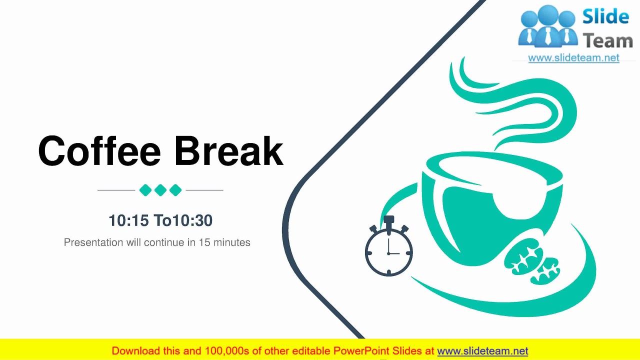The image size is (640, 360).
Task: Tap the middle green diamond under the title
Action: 160,190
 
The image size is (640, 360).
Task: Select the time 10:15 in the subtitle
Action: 128,220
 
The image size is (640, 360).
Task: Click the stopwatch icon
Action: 389,251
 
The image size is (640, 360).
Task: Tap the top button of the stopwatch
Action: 389,219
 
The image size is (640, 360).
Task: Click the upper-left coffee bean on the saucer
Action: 523,256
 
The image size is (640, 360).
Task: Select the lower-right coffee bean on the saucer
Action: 545,270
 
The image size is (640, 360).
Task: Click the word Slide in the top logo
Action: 605,17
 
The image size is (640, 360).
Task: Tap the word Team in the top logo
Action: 607,40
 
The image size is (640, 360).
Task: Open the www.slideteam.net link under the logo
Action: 573,58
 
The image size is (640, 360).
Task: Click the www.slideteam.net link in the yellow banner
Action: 482,351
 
